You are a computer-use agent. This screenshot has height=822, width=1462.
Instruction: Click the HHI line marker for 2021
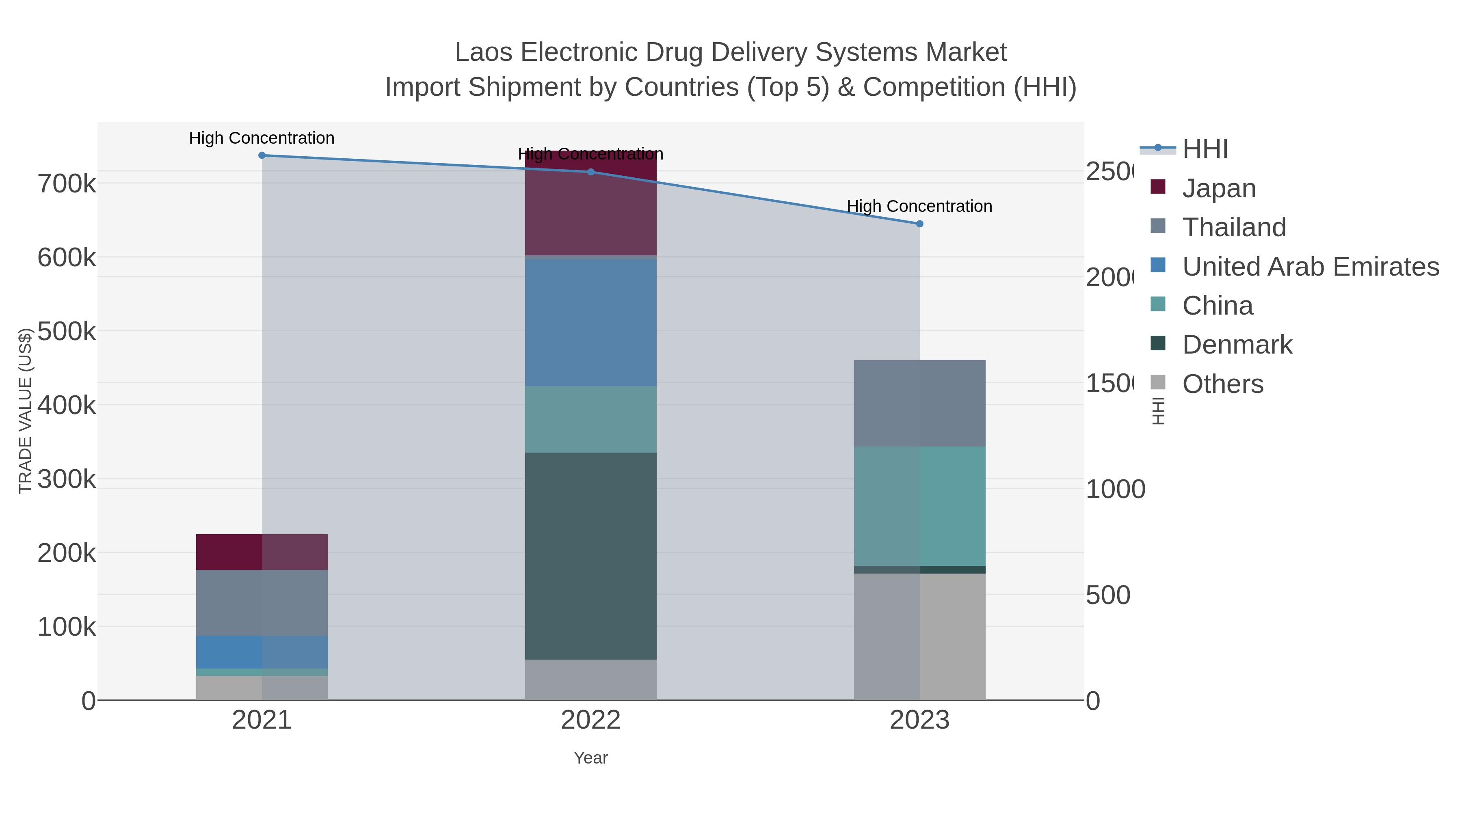(x=262, y=155)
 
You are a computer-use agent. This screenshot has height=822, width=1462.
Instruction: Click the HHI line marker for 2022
(x=591, y=172)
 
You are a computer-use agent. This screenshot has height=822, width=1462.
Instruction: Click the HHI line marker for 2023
(x=920, y=224)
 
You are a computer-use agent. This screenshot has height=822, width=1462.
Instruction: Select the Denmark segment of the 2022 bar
(x=591, y=556)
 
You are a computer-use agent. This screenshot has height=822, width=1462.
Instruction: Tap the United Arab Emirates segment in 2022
(x=591, y=322)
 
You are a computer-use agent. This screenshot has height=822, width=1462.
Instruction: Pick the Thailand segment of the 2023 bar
(x=920, y=403)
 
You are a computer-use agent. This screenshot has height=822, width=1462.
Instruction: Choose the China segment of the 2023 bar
(x=920, y=506)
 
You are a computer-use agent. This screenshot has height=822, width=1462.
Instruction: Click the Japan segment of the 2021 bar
(x=262, y=552)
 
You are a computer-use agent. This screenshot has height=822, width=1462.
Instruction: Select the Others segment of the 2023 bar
(x=920, y=636)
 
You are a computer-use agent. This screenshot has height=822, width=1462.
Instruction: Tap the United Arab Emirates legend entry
(x=1310, y=267)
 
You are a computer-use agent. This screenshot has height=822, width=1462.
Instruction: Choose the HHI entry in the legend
(x=1205, y=149)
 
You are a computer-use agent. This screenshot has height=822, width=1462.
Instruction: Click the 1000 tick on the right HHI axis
(x=1115, y=490)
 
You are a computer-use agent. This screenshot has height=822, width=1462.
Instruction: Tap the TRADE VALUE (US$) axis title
(x=25, y=411)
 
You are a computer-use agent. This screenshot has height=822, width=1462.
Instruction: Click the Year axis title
(x=591, y=758)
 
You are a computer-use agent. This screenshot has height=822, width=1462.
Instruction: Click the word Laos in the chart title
(x=484, y=53)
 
